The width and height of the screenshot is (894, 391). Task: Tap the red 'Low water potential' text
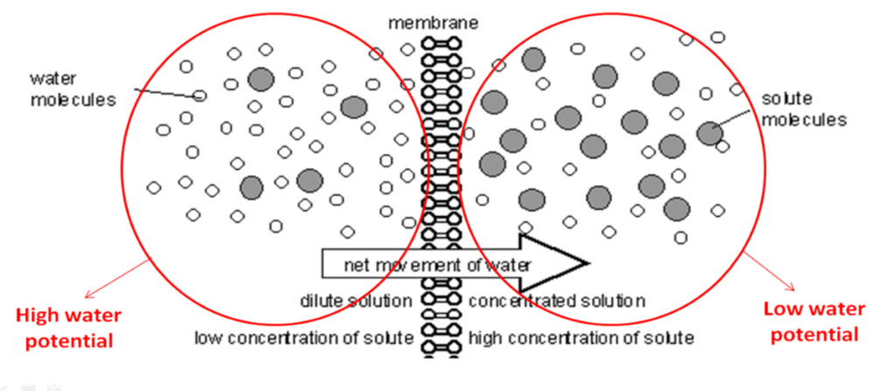[x=814, y=322]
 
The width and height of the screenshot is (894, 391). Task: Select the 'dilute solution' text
[x=355, y=301]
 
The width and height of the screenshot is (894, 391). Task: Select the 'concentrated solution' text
[x=557, y=301]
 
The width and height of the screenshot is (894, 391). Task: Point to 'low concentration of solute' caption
[x=304, y=337]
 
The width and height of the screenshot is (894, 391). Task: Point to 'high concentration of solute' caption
[x=581, y=337]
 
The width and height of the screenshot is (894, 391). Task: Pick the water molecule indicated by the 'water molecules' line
[x=200, y=96]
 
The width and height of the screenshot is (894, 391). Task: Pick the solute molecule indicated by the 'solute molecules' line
[x=709, y=133]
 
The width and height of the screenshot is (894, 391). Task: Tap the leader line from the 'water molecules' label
[x=167, y=91]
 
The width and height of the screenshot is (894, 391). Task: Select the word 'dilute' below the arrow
[x=321, y=301]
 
